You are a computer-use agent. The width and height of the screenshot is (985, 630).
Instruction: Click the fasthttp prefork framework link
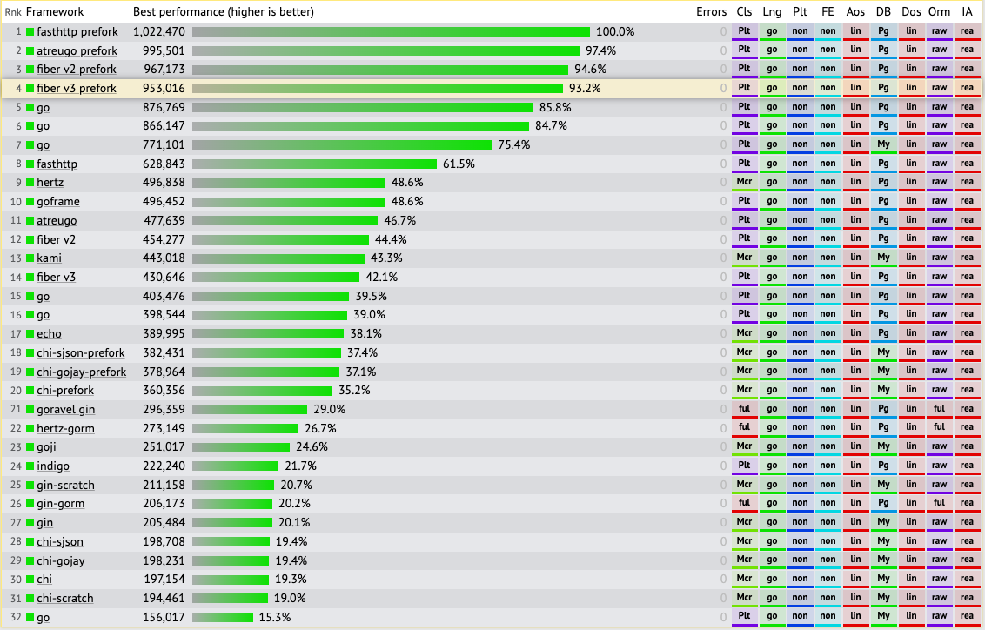tap(77, 31)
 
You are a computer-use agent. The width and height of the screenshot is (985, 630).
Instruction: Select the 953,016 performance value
tap(164, 88)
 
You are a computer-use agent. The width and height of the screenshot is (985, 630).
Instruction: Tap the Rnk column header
tap(13, 12)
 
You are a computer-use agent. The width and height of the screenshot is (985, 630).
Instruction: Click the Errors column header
tap(711, 12)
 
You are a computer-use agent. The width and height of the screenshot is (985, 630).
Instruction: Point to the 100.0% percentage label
tap(615, 31)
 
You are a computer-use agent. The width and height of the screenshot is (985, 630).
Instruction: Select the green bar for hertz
tap(289, 183)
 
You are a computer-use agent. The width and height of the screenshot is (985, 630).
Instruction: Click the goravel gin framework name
tap(65, 409)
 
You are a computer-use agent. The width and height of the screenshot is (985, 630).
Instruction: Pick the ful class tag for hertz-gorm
tap(744, 427)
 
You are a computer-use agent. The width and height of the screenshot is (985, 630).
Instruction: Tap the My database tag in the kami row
tap(883, 258)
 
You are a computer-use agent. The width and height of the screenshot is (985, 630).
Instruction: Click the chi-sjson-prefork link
tap(80, 352)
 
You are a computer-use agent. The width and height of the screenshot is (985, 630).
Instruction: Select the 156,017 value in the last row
tap(164, 617)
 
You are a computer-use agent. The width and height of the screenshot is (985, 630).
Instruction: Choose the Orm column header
tap(939, 12)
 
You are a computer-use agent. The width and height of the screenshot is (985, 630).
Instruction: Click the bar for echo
tap(268, 333)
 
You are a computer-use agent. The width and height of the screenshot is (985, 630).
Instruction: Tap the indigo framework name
tap(52, 466)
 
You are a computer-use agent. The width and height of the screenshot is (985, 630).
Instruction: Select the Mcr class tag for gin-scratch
tap(744, 484)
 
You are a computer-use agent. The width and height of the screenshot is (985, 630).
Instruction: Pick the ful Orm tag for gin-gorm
tap(939, 503)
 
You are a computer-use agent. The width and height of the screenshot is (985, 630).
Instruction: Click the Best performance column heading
tap(223, 12)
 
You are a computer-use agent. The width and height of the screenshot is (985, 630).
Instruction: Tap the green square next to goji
tap(30, 446)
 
